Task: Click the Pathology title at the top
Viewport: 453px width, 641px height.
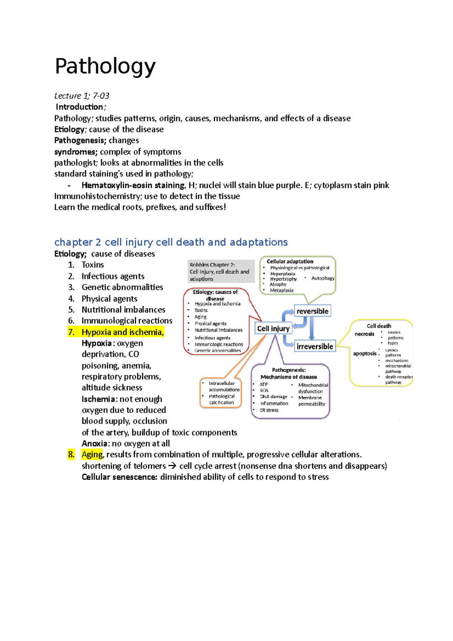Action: click(x=105, y=66)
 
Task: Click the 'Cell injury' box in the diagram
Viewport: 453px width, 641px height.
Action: click(x=273, y=328)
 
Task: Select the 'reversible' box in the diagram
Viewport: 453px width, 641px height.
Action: click(x=312, y=311)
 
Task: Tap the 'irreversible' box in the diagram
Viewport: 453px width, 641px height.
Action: click(x=315, y=346)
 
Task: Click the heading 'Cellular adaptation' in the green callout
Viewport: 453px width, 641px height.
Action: click(x=290, y=261)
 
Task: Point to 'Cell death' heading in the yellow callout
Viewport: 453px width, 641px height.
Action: click(x=379, y=326)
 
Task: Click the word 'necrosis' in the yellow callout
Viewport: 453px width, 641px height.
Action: click(x=364, y=334)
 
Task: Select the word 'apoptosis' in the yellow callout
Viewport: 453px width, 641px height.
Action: click(x=365, y=353)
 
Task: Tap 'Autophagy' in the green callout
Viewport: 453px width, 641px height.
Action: click(x=323, y=278)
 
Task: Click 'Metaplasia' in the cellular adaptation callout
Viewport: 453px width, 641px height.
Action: click(x=282, y=290)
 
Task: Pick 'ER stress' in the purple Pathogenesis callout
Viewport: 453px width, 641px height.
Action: click(x=269, y=410)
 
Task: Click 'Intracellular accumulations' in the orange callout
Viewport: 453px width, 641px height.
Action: click(x=224, y=386)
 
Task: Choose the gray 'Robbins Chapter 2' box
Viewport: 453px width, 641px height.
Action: click(x=221, y=271)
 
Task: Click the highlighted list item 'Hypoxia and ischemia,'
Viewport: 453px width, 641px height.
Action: click(x=122, y=332)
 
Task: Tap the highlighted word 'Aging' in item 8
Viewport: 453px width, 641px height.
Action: click(x=92, y=455)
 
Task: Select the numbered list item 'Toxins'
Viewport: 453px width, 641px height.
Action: click(x=92, y=265)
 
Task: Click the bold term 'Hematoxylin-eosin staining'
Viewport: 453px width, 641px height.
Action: click(x=133, y=185)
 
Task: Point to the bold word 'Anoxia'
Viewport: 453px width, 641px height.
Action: click(x=96, y=444)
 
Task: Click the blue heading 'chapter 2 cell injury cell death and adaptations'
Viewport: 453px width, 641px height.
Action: click(x=171, y=242)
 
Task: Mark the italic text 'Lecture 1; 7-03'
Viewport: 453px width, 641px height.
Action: click(x=82, y=96)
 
